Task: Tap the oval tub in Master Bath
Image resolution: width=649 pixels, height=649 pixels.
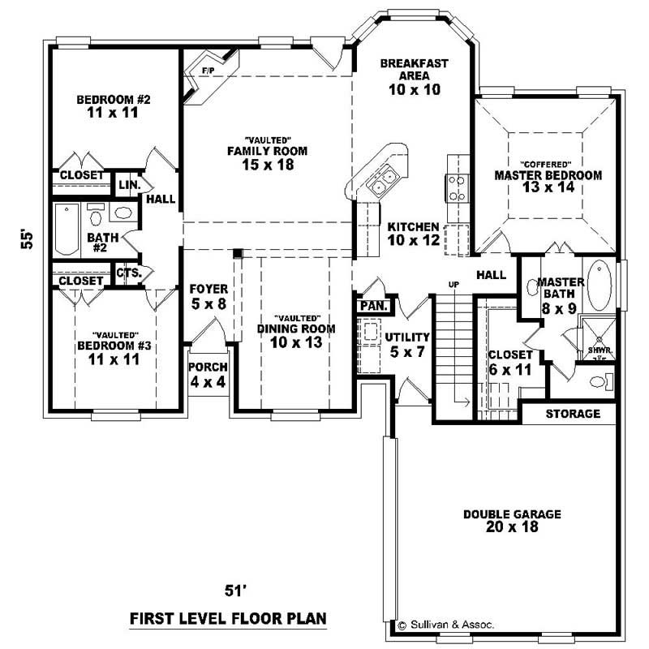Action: tap(601, 285)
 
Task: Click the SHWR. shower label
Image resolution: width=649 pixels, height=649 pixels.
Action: tap(599, 350)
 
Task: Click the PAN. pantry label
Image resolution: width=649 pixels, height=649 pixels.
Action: tap(373, 307)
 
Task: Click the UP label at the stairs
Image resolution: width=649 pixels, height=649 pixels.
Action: tap(453, 284)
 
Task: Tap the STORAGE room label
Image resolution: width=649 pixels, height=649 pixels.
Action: tap(572, 414)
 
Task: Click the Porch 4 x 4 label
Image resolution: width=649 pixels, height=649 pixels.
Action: tap(208, 374)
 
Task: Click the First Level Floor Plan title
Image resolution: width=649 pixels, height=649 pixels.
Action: tap(228, 619)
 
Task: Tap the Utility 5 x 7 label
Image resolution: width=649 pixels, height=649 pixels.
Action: tap(407, 344)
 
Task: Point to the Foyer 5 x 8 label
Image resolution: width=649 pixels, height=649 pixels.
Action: tap(208, 296)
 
